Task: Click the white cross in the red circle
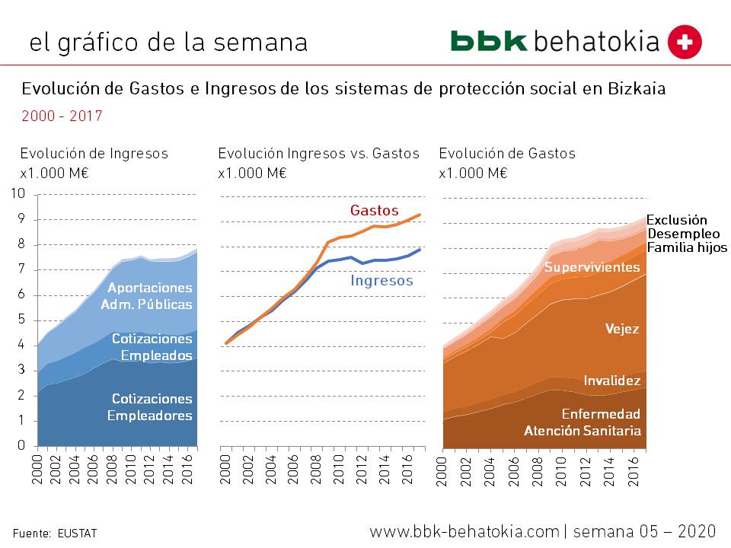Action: pos(685,42)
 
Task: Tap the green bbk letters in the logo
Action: pos(489,41)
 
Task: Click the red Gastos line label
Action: pos(374,210)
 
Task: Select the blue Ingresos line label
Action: pos(381,281)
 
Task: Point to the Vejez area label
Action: pos(622,329)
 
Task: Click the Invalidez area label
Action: pos(612,380)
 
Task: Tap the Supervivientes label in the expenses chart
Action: pos(592,267)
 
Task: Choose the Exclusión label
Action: pos(677,220)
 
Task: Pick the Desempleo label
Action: pos(682,234)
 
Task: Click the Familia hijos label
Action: pos(687,247)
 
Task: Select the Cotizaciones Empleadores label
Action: pos(151,407)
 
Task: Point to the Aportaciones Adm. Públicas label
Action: pos(149,296)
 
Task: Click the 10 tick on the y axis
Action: pos(18,194)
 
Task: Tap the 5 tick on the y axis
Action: pos(21,320)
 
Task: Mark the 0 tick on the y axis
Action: pos(21,446)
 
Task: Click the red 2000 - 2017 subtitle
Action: pos(62,116)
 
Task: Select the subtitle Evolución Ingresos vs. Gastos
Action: pos(318,154)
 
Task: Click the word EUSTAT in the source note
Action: pos(77,534)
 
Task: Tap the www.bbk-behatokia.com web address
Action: pos(464,531)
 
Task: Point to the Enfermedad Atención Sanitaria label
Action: pos(583,422)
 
